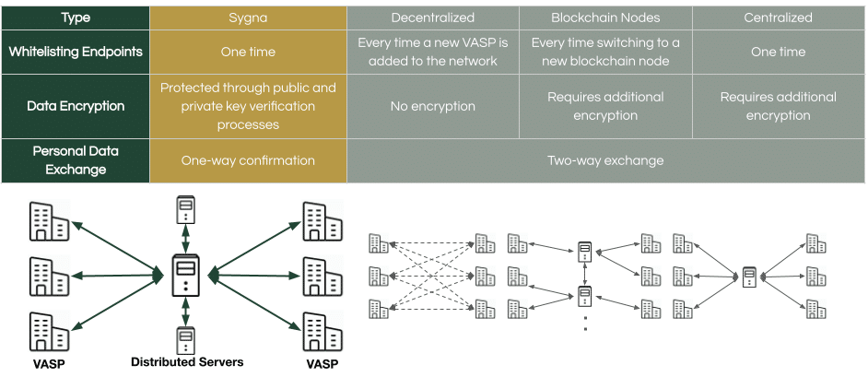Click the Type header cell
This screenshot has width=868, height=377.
coord(76,18)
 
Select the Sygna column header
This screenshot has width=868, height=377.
coord(248,18)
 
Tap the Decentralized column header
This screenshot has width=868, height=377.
coord(432,18)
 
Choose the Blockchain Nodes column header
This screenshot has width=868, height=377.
coord(605,18)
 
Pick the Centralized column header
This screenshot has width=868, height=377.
coord(779,18)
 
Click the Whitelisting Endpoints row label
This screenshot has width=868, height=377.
coord(76,52)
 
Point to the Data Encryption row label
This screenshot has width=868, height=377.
coord(76,106)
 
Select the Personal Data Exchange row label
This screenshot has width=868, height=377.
coord(76,160)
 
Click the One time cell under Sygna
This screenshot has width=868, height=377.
coord(248,52)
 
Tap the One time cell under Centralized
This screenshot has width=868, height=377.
coord(779,52)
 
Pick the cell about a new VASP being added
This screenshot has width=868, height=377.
coord(432,52)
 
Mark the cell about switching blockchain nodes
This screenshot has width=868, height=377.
coord(605,52)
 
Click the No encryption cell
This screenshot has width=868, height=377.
coord(432,106)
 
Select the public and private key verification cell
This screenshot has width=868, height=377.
coord(248,106)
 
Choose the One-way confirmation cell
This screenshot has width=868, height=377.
coord(248,160)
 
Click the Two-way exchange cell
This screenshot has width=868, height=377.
coord(605,160)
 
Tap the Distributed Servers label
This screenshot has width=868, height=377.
coord(187,362)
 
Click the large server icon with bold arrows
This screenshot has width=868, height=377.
coord(186,275)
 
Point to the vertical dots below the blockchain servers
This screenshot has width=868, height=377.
coord(584,322)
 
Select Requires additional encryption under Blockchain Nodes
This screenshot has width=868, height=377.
coord(605,106)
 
